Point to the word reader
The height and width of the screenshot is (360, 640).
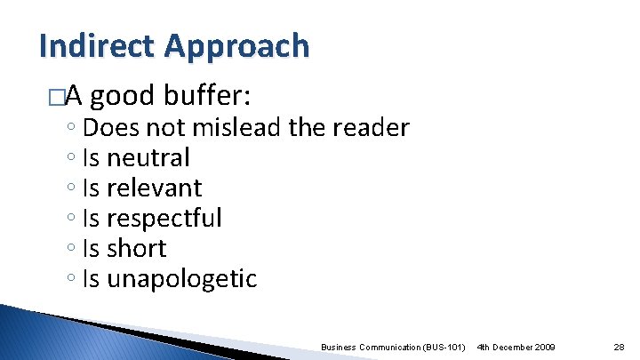click(374, 128)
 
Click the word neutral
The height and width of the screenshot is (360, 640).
click(148, 158)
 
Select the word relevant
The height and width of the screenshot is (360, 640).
click(155, 188)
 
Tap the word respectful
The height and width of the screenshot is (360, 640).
click(164, 219)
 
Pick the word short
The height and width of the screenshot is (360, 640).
click(137, 249)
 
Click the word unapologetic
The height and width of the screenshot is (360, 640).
click(182, 280)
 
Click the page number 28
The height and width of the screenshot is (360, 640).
click(619, 345)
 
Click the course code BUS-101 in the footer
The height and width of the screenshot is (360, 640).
click(444, 345)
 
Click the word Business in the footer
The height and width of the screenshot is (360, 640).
click(338, 345)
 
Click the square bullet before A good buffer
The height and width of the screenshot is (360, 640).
click(58, 96)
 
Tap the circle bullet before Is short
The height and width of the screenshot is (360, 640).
click(70, 250)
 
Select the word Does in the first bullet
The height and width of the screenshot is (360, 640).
click(104, 128)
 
